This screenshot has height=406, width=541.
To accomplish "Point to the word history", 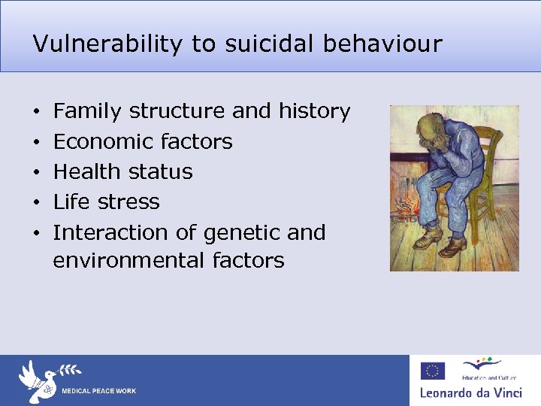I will click(314, 111).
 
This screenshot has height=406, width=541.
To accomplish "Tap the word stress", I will click(132, 201).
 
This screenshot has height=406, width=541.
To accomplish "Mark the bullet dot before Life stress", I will click(38, 202).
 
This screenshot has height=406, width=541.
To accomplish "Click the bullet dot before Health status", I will click(38, 172).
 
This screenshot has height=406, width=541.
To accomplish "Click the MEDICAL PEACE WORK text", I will click(98, 391).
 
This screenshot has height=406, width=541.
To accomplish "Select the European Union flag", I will click(433, 371).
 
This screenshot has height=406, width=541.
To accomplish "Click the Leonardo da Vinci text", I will click(470, 392).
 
